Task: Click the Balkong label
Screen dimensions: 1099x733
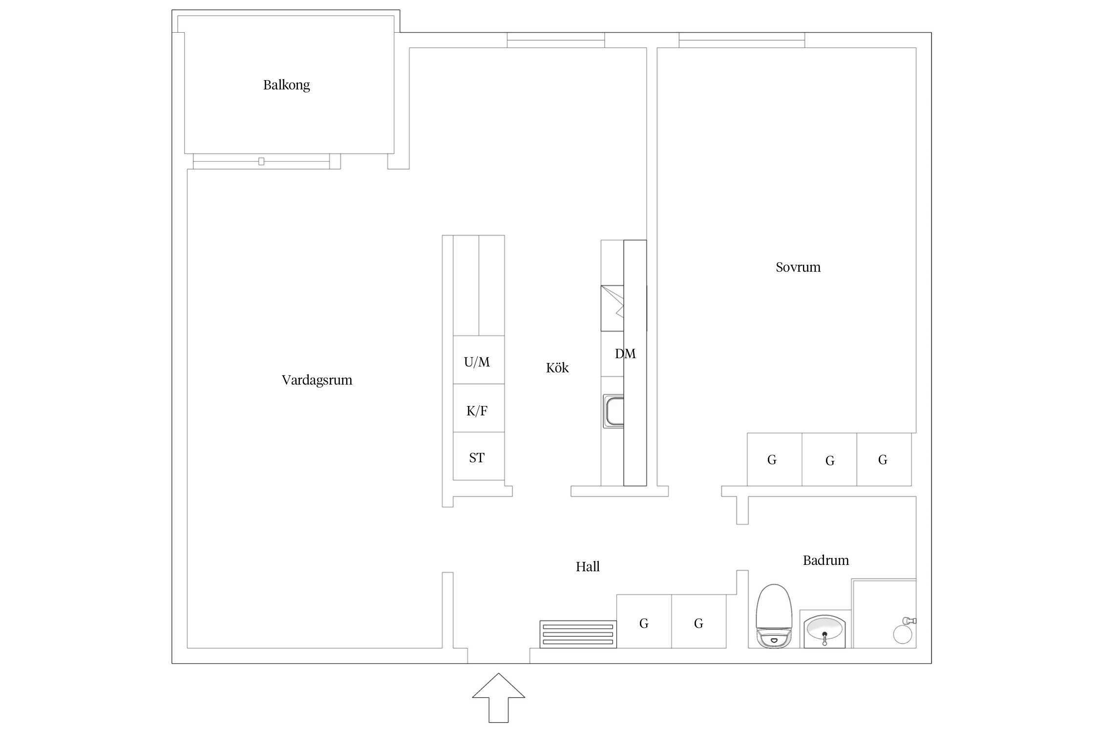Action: tap(286, 85)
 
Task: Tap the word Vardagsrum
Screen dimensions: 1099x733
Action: tap(317, 380)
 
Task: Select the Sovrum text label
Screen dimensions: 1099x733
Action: tap(798, 267)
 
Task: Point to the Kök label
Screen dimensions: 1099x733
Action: tap(557, 367)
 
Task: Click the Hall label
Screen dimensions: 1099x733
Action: tap(588, 566)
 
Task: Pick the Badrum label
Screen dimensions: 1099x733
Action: tap(826, 560)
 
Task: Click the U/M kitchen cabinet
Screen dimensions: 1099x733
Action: tap(479, 360)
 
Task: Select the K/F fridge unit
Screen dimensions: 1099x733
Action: tap(479, 408)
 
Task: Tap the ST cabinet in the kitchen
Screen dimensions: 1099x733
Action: tap(479, 456)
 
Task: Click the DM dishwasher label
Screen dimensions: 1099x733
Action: tap(625, 354)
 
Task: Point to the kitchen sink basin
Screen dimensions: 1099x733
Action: tap(614, 411)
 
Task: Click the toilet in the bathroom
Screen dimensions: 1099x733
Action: tap(774, 616)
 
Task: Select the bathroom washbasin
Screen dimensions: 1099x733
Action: tap(825, 631)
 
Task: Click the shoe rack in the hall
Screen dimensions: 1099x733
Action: tap(578, 634)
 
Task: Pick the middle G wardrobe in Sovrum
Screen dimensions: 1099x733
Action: tap(829, 459)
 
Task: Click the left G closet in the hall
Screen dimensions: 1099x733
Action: tap(644, 621)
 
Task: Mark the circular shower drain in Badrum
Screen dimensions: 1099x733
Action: tap(903, 634)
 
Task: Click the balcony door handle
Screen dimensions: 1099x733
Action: tap(261, 161)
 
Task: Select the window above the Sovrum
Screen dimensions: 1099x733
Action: tap(741, 40)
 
